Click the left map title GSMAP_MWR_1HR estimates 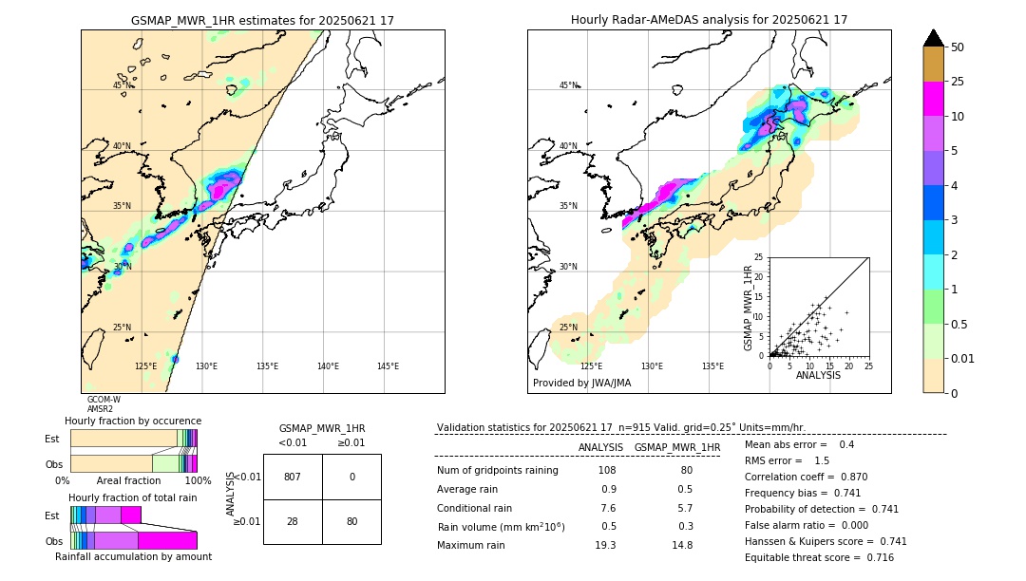pos(262,20)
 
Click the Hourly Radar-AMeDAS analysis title pos(709,20)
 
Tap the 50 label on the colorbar pos(958,47)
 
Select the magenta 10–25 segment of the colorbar pos(933,100)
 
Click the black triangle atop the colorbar pos(933,38)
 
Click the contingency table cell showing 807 pos(293,477)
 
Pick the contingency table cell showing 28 pos(293,521)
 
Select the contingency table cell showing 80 pos(351,521)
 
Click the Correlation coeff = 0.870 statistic pos(806,477)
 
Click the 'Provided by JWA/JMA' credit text pos(581,384)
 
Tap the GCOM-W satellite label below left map pos(104,400)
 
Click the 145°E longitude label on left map pos(388,366)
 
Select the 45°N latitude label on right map pos(568,85)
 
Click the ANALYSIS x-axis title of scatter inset pos(818,375)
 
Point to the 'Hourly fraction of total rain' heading pos(132,497)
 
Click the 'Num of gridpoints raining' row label pos(498,471)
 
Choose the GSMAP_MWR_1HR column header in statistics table pos(676,447)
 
